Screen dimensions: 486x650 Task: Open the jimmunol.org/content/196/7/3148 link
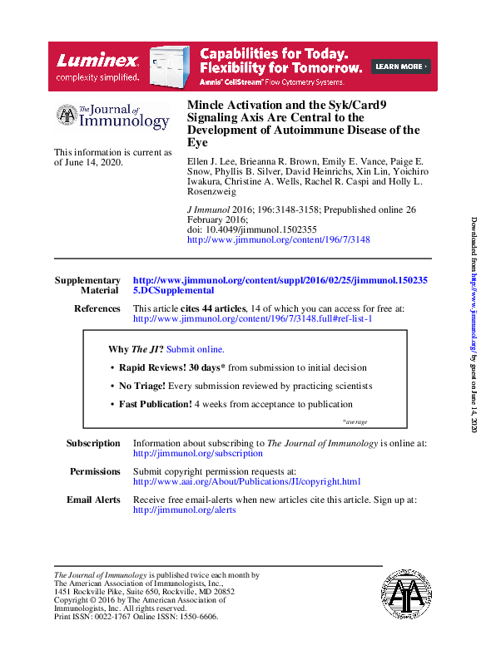[x=279, y=239]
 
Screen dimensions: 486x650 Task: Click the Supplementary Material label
[x=87, y=286]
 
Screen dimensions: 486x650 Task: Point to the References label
[x=97, y=308]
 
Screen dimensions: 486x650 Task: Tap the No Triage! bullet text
[x=142, y=386]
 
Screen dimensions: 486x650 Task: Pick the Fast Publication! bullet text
[x=155, y=404]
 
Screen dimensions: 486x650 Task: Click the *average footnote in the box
[x=355, y=422]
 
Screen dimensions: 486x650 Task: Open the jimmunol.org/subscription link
[x=198, y=454]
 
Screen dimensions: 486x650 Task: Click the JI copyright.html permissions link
[x=246, y=481]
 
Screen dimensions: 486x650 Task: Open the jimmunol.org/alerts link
[x=185, y=510]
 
